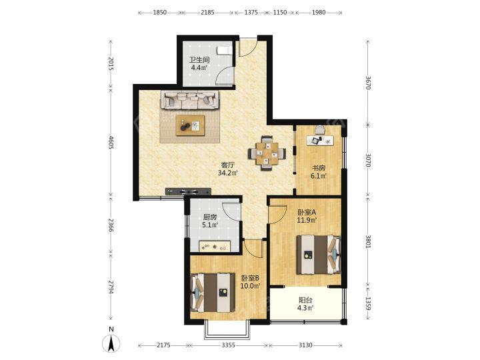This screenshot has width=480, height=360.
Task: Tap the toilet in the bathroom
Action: point(225,51)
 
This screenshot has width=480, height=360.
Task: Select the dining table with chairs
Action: point(267,153)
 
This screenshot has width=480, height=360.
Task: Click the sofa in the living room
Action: point(191,101)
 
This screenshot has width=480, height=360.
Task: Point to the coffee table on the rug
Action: point(190,125)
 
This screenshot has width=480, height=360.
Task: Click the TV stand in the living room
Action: point(188,191)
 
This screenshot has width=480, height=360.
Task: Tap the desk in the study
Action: point(321,140)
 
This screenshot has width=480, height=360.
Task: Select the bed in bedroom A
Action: point(319,255)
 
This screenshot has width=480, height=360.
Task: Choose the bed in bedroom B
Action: point(213,293)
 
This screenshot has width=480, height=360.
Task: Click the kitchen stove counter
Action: point(215,247)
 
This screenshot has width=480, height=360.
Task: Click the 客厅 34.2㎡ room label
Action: point(228,169)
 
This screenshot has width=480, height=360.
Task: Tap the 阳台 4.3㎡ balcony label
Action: point(305,304)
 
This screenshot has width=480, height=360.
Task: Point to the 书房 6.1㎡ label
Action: point(319,172)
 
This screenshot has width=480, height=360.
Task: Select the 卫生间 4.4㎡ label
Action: point(199,64)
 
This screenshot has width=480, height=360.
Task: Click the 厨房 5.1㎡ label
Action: point(210,221)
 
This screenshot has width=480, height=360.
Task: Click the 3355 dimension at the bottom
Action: point(228,345)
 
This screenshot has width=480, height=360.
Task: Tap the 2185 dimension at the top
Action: point(207,13)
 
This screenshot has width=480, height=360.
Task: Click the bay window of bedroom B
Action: point(227,330)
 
